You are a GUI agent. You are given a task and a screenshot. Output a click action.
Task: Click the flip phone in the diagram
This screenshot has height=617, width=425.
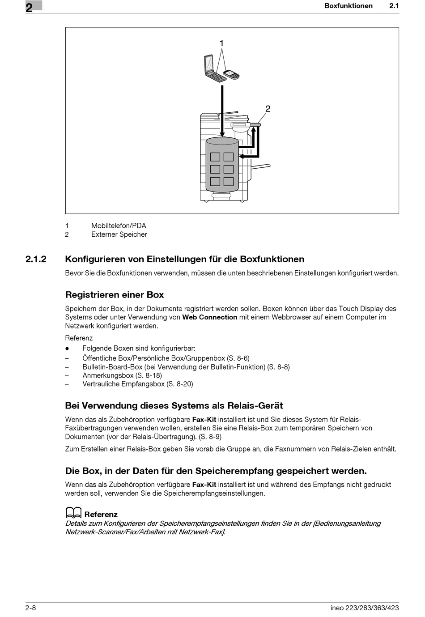[x=213, y=69]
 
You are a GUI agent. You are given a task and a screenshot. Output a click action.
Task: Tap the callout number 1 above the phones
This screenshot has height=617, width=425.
[x=221, y=43]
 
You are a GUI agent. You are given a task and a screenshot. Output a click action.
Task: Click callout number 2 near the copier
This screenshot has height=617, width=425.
[x=268, y=109]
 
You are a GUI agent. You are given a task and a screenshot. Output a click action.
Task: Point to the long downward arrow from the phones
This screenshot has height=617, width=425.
[x=222, y=110]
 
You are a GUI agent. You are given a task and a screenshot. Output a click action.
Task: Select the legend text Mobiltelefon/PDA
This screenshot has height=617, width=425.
[x=119, y=226]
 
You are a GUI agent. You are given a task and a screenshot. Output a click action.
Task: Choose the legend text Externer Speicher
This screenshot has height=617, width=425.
[x=119, y=234]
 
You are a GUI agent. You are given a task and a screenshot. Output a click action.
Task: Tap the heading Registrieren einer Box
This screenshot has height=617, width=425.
[x=115, y=295]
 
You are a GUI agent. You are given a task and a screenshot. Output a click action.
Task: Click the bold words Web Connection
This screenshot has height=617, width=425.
[x=210, y=317]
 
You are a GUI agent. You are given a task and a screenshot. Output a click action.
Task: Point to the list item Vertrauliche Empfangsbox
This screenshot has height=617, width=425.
[x=123, y=384]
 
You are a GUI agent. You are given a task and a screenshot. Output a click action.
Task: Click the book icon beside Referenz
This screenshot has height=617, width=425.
[x=73, y=513]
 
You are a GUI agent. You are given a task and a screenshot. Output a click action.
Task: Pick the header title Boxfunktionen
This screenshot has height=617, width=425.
[x=348, y=6]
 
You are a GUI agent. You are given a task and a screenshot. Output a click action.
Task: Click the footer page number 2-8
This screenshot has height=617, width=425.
[x=31, y=608]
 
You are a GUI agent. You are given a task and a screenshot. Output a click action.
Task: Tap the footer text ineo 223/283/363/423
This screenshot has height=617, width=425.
[x=365, y=608]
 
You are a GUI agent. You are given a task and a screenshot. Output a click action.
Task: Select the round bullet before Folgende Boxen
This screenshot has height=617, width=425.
[x=67, y=349]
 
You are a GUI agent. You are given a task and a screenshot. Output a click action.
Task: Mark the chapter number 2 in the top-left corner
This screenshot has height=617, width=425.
[x=29, y=8]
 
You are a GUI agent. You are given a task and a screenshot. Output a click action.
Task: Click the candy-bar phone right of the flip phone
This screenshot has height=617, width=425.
[x=231, y=74]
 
